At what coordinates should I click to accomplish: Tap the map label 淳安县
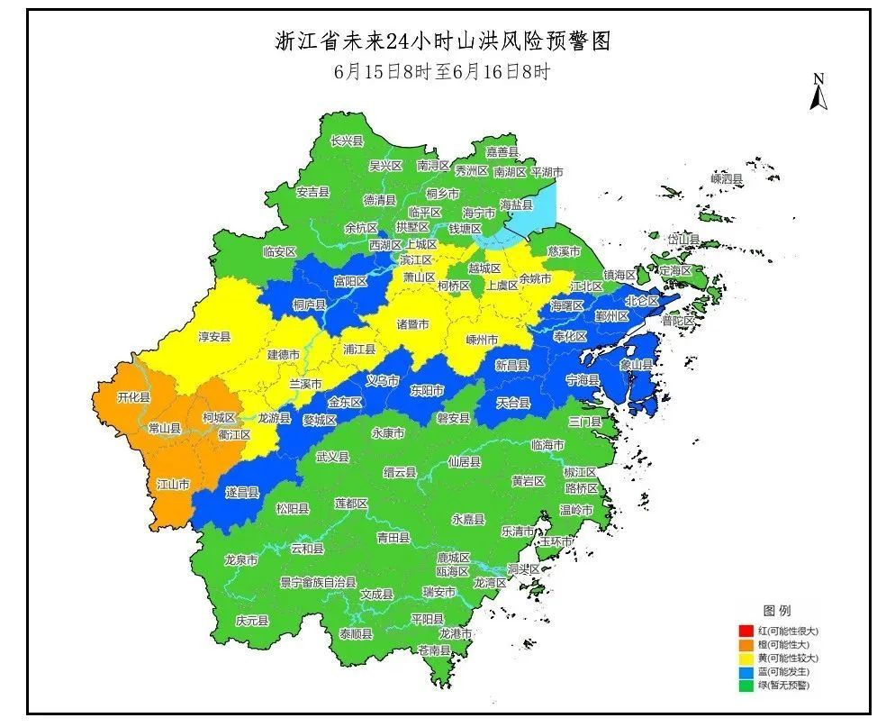(x=214, y=337)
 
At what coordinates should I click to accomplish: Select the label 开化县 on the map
(x=134, y=397)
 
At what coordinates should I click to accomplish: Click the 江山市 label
(x=173, y=485)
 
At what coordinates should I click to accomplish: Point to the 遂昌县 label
(x=242, y=493)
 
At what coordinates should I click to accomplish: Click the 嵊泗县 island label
(x=727, y=180)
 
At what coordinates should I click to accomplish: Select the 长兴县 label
(x=347, y=141)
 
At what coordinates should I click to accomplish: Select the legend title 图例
(x=776, y=612)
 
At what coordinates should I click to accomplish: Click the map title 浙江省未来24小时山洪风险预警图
(x=442, y=41)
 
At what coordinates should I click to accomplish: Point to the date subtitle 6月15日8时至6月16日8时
(x=441, y=72)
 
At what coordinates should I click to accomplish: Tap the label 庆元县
(x=252, y=622)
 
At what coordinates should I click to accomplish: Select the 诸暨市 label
(x=412, y=323)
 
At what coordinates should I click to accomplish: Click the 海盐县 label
(x=516, y=205)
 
